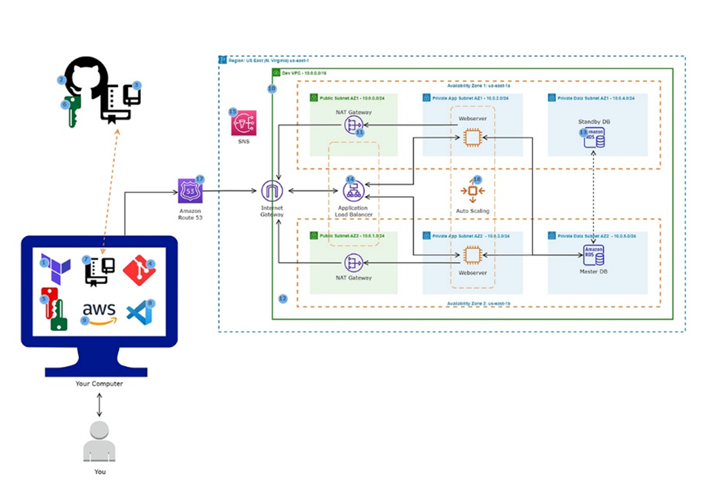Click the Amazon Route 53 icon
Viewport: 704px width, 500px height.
coord(189,191)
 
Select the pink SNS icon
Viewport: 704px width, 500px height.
coord(244,124)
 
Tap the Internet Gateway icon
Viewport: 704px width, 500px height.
coord(272,191)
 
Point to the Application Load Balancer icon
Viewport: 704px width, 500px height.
coord(353,192)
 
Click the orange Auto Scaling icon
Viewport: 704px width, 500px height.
coord(472,192)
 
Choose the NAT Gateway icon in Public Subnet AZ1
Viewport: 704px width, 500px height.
coord(353,125)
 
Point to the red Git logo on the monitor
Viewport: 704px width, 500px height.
coord(139,270)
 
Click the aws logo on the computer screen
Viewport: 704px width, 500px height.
coord(99,312)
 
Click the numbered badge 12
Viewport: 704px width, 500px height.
coord(283,298)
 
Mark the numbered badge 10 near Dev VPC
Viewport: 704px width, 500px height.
coord(272,88)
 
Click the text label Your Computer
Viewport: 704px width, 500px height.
coord(99,384)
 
